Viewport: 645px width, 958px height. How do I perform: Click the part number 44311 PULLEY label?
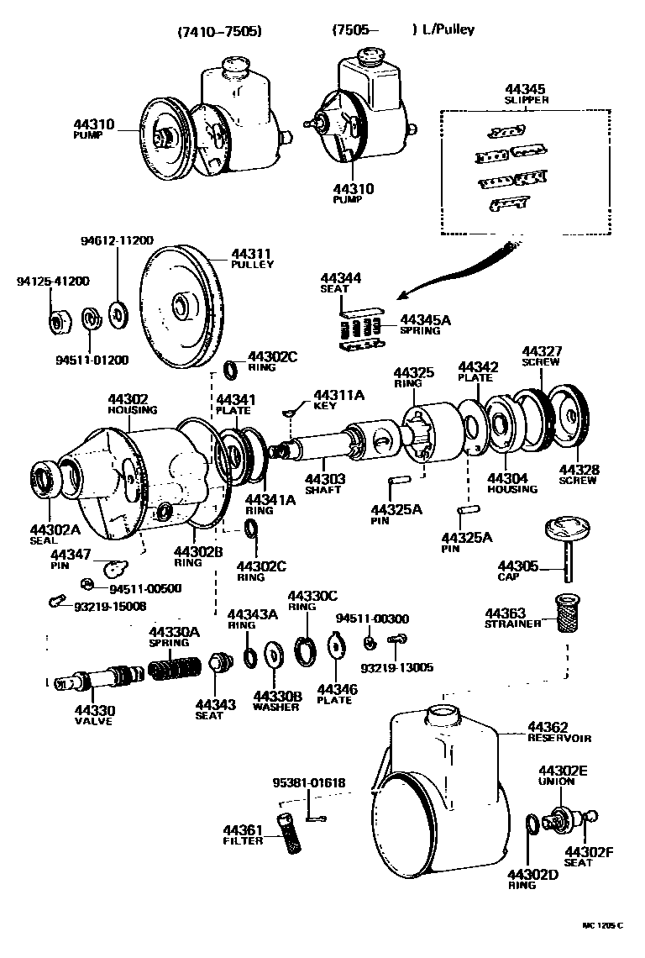(x=252, y=258)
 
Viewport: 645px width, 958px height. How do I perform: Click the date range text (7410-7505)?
(x=220, y=31)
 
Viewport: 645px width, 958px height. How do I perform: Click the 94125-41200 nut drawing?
(x=58, y=322)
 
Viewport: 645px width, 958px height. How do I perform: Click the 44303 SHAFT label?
(x=323, y=483)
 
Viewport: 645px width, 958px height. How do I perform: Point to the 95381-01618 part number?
(x=308, y=783)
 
